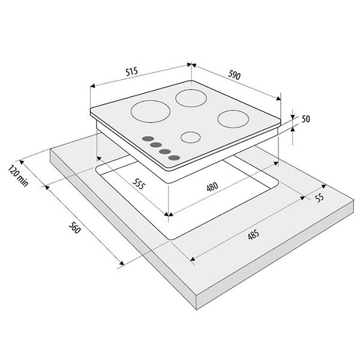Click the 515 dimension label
click(131, 71)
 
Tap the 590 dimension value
click(234, 75)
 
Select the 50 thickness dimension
click(305, 119)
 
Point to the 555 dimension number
click(139, 184)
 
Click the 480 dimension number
click(212, 187)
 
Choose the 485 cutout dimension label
click(253, 235)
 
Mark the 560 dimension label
click(75, 227)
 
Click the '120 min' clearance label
click(19, 176)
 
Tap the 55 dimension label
click(319, 198)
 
